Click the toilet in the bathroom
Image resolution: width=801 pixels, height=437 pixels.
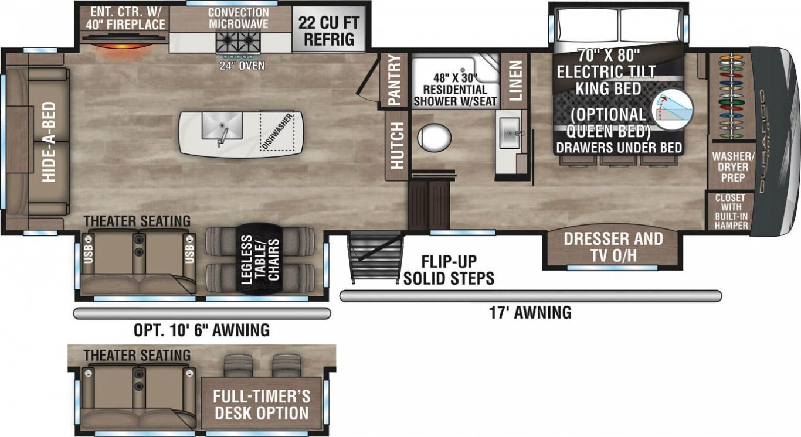point(434,138)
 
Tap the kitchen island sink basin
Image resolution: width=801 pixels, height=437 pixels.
point(222,125)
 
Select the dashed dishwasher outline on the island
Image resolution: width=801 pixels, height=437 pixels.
point(277,131)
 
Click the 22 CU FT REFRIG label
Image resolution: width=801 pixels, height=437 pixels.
point(328,31)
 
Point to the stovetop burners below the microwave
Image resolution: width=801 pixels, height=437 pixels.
point(238,43)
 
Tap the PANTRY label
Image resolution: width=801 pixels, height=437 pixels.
point(395,80)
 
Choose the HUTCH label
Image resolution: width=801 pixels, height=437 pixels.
point(397,145)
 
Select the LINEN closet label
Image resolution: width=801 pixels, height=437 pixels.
point(515,80)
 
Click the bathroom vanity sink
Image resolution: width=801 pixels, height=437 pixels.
point(510,133)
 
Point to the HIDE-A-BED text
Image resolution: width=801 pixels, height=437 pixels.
point(49,142)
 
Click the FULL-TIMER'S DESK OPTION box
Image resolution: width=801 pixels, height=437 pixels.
point(262,404)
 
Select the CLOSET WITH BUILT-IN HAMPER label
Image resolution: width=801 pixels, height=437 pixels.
point(731,211)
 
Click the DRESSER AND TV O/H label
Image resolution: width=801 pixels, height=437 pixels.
point(613,247)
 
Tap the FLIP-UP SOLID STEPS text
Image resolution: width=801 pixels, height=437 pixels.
point(449,270)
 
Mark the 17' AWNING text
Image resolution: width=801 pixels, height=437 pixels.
point(530,313)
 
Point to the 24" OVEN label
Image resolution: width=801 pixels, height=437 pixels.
point(242,66)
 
